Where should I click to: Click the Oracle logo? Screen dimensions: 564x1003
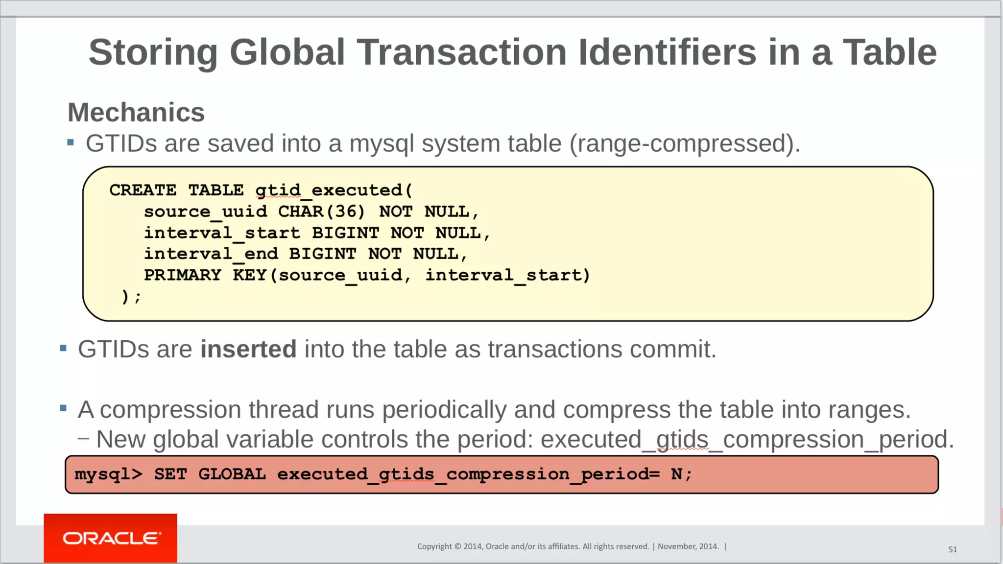tap(111, 538)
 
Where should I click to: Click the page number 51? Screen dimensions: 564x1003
tap(953, 549)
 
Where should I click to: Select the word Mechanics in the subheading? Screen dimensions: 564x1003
tap(136, 113)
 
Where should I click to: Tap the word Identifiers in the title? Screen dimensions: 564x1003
tap(667, 52)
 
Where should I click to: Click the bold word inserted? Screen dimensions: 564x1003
tap(248, 349)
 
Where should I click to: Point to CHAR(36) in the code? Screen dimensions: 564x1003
tap(321, 211)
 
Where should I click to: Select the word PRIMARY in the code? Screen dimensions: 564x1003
tap(182, 275)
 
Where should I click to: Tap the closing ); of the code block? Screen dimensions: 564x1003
tap(131, 296)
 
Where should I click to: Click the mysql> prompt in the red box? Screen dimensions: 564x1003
tap(108, 474)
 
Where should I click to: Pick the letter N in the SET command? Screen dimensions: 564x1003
tap(676, 474)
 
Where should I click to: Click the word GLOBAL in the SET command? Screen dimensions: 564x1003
tap(232, 474)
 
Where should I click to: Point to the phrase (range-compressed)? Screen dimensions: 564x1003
tap(685, 143)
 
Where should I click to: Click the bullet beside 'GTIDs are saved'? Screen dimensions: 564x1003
tap(71, 143)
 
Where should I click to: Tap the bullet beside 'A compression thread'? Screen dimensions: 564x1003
tap(63, 408)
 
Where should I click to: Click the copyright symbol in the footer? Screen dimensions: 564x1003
tap(458, 546)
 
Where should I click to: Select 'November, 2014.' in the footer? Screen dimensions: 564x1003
tap(688, 546)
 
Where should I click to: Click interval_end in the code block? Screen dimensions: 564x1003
tap(211, 254)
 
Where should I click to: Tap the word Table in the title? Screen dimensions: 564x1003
tap(889, 52)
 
